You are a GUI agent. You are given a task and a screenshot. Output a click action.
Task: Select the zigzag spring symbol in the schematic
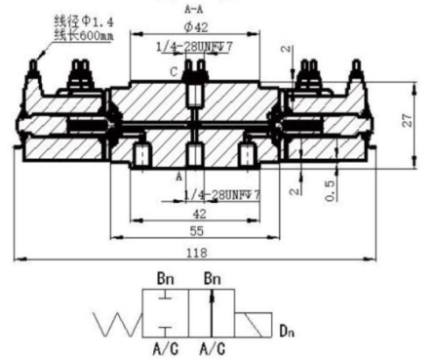tap(116, 321)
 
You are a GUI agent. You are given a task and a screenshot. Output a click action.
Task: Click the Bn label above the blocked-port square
tap(166, 279)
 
